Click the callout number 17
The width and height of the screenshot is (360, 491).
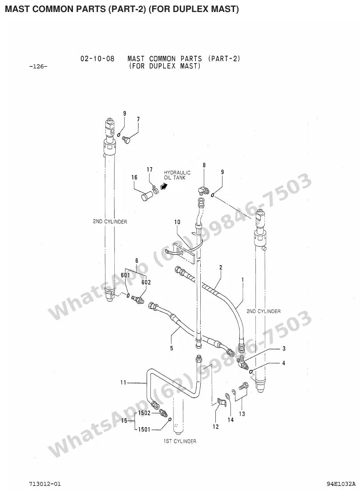[150, 169]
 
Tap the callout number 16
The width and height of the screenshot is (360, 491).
[134, 177]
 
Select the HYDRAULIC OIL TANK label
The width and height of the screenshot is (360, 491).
[177, 175]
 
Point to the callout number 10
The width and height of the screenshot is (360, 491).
[178, 222]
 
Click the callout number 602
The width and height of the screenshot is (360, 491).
[146, 282]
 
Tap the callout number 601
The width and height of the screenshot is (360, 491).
[125, 275]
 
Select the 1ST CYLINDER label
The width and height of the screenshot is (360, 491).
[180, 441]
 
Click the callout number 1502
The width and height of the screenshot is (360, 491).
[145, 413]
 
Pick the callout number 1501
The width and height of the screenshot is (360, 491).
[145, 429]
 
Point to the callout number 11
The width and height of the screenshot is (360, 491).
[123, 382]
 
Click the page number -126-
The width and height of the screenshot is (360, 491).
[38, 66]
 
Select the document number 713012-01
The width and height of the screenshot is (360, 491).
[43, 483]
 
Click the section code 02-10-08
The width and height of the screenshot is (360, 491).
[97, 59]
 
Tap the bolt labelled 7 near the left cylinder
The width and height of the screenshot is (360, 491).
[126, 139]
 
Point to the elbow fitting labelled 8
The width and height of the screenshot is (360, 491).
[202, 189]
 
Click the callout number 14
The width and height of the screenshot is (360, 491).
[231, 419]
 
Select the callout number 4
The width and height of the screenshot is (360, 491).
[283, 363]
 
